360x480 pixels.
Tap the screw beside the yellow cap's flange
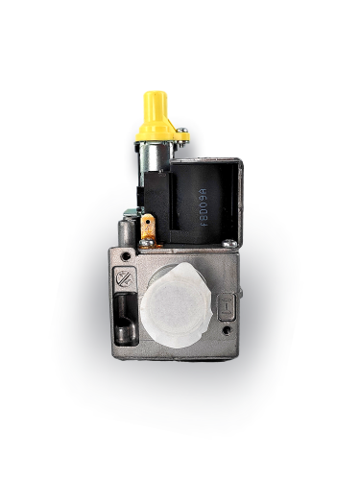click(x=180, y=140)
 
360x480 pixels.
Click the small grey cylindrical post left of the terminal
click(x=127, y=230)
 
